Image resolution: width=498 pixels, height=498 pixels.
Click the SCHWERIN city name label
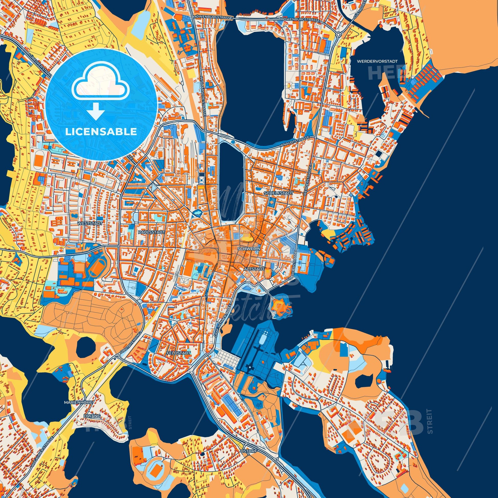tap(250, 248)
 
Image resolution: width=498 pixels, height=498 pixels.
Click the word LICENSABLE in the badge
tap(101, 132)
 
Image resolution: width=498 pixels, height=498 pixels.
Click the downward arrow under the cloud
tap(95, 111)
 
